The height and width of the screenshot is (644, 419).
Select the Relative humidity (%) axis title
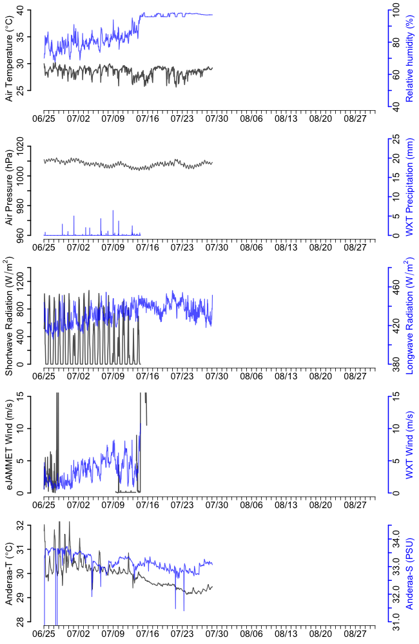point(409,60)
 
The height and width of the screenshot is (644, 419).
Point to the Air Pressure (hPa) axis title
point(9,187)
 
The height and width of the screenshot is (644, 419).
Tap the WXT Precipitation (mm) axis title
point(409,187)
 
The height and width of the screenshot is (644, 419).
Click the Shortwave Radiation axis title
point(9,316)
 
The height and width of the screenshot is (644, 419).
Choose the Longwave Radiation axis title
point(409,316)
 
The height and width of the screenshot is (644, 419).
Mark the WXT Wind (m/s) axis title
point(409,444)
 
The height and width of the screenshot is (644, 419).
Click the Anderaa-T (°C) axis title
point(9,573)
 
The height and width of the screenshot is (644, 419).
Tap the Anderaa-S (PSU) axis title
point(409,573)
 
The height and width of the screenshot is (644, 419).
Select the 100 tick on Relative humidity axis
point(395,12)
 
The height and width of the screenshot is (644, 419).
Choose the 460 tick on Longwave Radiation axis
point(395,290)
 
